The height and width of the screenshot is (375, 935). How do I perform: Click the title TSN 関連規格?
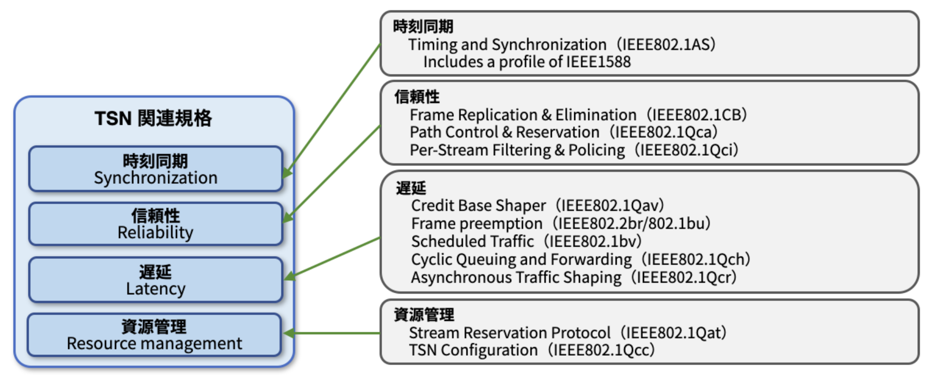click(154, 118)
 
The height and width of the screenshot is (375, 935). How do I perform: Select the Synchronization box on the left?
click(156, 169)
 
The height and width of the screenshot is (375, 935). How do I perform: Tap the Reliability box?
click(156, 224)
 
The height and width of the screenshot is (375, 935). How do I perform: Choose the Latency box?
click(156, 280)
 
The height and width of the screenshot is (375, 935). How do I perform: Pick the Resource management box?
click(155, 335)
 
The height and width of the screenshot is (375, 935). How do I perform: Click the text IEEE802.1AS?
click(668, 44)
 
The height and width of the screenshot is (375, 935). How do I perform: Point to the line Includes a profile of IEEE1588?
click(527, 62)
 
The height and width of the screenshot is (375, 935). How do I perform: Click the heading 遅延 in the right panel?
click(411, 188)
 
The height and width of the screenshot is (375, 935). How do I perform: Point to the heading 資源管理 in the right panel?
click(424, 315)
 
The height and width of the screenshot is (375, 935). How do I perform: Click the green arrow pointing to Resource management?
click(333, 333)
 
